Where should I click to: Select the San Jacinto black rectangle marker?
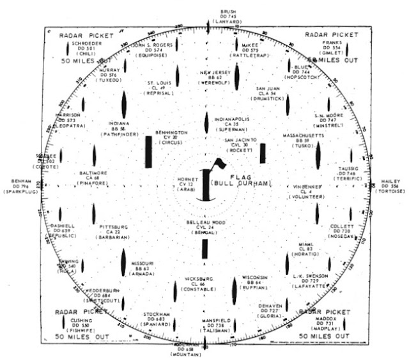(263, 153)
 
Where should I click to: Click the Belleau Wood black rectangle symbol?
(204, 247)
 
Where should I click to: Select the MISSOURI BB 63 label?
(143, 267)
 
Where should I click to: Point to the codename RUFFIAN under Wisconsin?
(254, 287)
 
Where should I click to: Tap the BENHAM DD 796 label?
(21, 182)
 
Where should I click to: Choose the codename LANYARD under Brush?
(228, 22)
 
